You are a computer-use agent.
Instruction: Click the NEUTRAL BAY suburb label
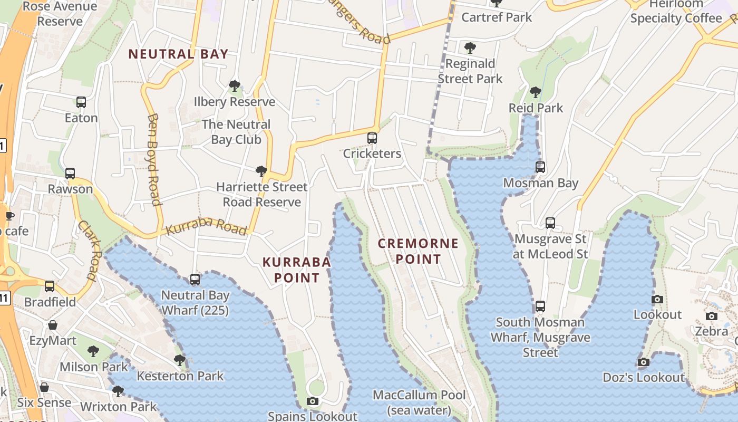pos(178,54)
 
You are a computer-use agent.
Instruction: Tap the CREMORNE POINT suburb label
pos(418,251)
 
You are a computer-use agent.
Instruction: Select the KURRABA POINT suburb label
pos(297,270)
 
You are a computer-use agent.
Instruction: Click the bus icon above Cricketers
pos(372,138)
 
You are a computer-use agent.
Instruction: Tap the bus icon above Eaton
pos(81,102)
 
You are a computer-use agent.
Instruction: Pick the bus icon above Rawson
pos(70,174)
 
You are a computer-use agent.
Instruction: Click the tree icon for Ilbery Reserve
pos(235,85)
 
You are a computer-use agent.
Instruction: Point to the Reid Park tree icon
pos(536,92)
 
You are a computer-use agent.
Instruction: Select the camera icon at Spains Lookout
pos(313,401)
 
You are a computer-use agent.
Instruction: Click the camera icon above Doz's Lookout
pos(643,362)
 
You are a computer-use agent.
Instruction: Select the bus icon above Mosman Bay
pos(540,168)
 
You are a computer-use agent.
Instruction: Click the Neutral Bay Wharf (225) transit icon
pos(195,280)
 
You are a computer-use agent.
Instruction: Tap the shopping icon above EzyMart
pos(53,325)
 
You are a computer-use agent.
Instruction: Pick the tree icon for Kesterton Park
pos(180,360)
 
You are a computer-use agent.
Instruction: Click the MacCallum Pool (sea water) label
pos(419,402)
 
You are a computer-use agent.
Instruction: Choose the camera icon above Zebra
pos(712,316)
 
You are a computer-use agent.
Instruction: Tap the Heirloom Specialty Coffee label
pos(676,12)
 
